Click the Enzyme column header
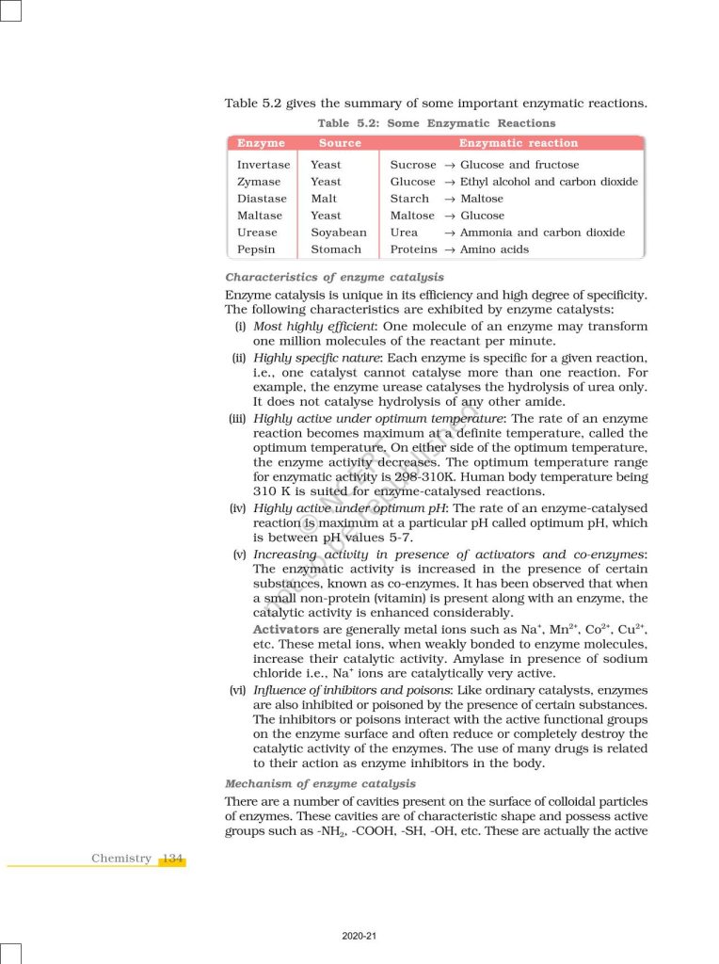point(261,143)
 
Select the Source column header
point(340,143)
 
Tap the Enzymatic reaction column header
point(518,143)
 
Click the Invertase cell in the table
point(264,165)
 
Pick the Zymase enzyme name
point(259,182)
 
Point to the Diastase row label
point(262,199)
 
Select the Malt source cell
point(324,199)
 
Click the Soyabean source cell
point(339,233)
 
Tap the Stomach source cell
point(336,249)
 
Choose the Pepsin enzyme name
point(256,249)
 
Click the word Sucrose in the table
point(413,165)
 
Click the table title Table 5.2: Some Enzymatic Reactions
point(437,123)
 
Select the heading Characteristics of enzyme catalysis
point(335,278)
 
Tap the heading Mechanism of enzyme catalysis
point(321,783)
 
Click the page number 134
point(172,859)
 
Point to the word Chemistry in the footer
point(121,859)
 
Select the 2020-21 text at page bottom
point(359,936)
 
